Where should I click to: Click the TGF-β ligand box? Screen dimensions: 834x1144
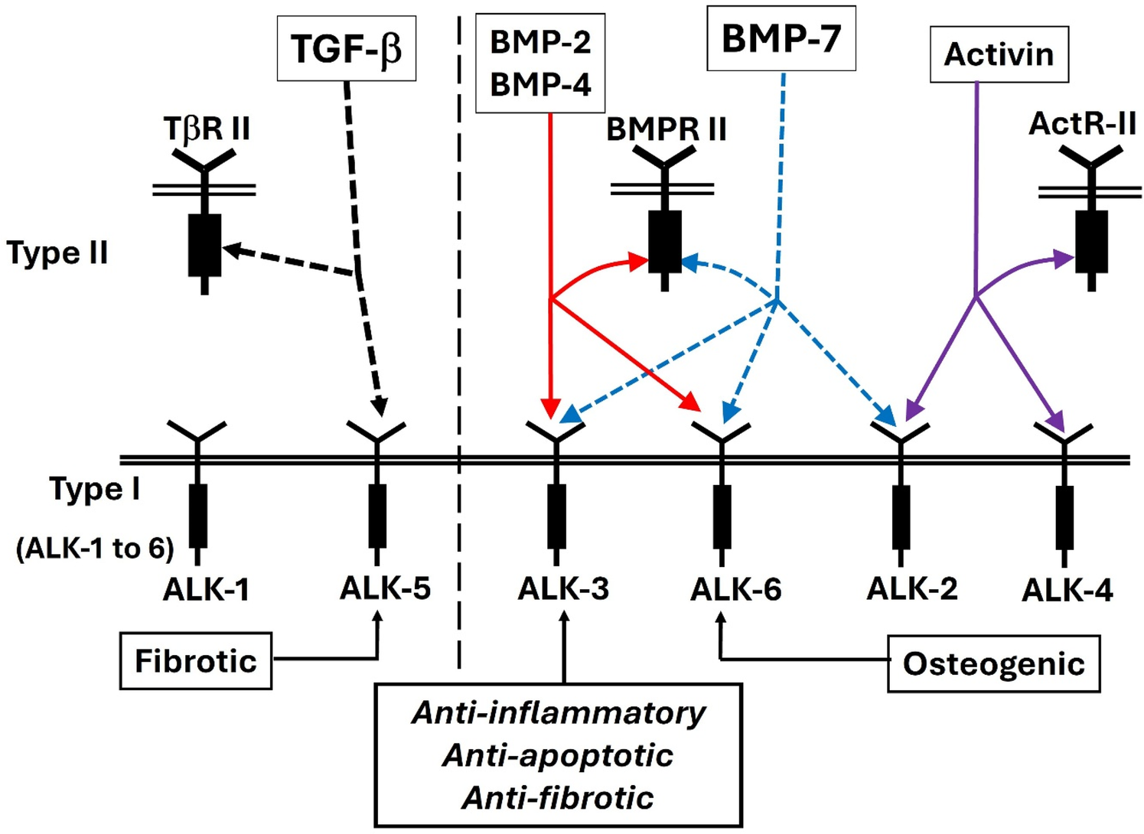pos(346,49)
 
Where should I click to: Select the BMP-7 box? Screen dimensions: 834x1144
pos(781,38)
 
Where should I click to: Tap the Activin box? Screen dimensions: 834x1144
pos(999,54)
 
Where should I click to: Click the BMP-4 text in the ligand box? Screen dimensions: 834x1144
pos(540,85)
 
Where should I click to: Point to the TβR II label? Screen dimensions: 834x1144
pos(207,129)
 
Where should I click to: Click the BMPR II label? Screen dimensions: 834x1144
pos(666,129)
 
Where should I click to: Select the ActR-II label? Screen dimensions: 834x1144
pos(1082,123)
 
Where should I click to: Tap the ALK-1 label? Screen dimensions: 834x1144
pos(206,590)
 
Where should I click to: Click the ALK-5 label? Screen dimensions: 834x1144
pos(385,588)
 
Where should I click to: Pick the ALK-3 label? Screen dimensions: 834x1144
pos(563,588)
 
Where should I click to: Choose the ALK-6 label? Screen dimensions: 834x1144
pos(735,590)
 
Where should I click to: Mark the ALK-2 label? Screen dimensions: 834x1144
pos(911,588)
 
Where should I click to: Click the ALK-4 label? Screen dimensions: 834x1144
pos(1067,591)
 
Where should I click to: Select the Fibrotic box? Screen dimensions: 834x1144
pos(196,661)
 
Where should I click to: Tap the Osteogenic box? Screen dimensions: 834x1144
pos(993,663)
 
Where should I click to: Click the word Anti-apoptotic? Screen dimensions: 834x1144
pos(558,755)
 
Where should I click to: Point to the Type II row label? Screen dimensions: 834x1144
pos(57,252)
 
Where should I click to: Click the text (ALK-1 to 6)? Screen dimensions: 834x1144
pos(95,548)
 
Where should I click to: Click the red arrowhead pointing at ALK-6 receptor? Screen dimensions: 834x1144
pos(691,403)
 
